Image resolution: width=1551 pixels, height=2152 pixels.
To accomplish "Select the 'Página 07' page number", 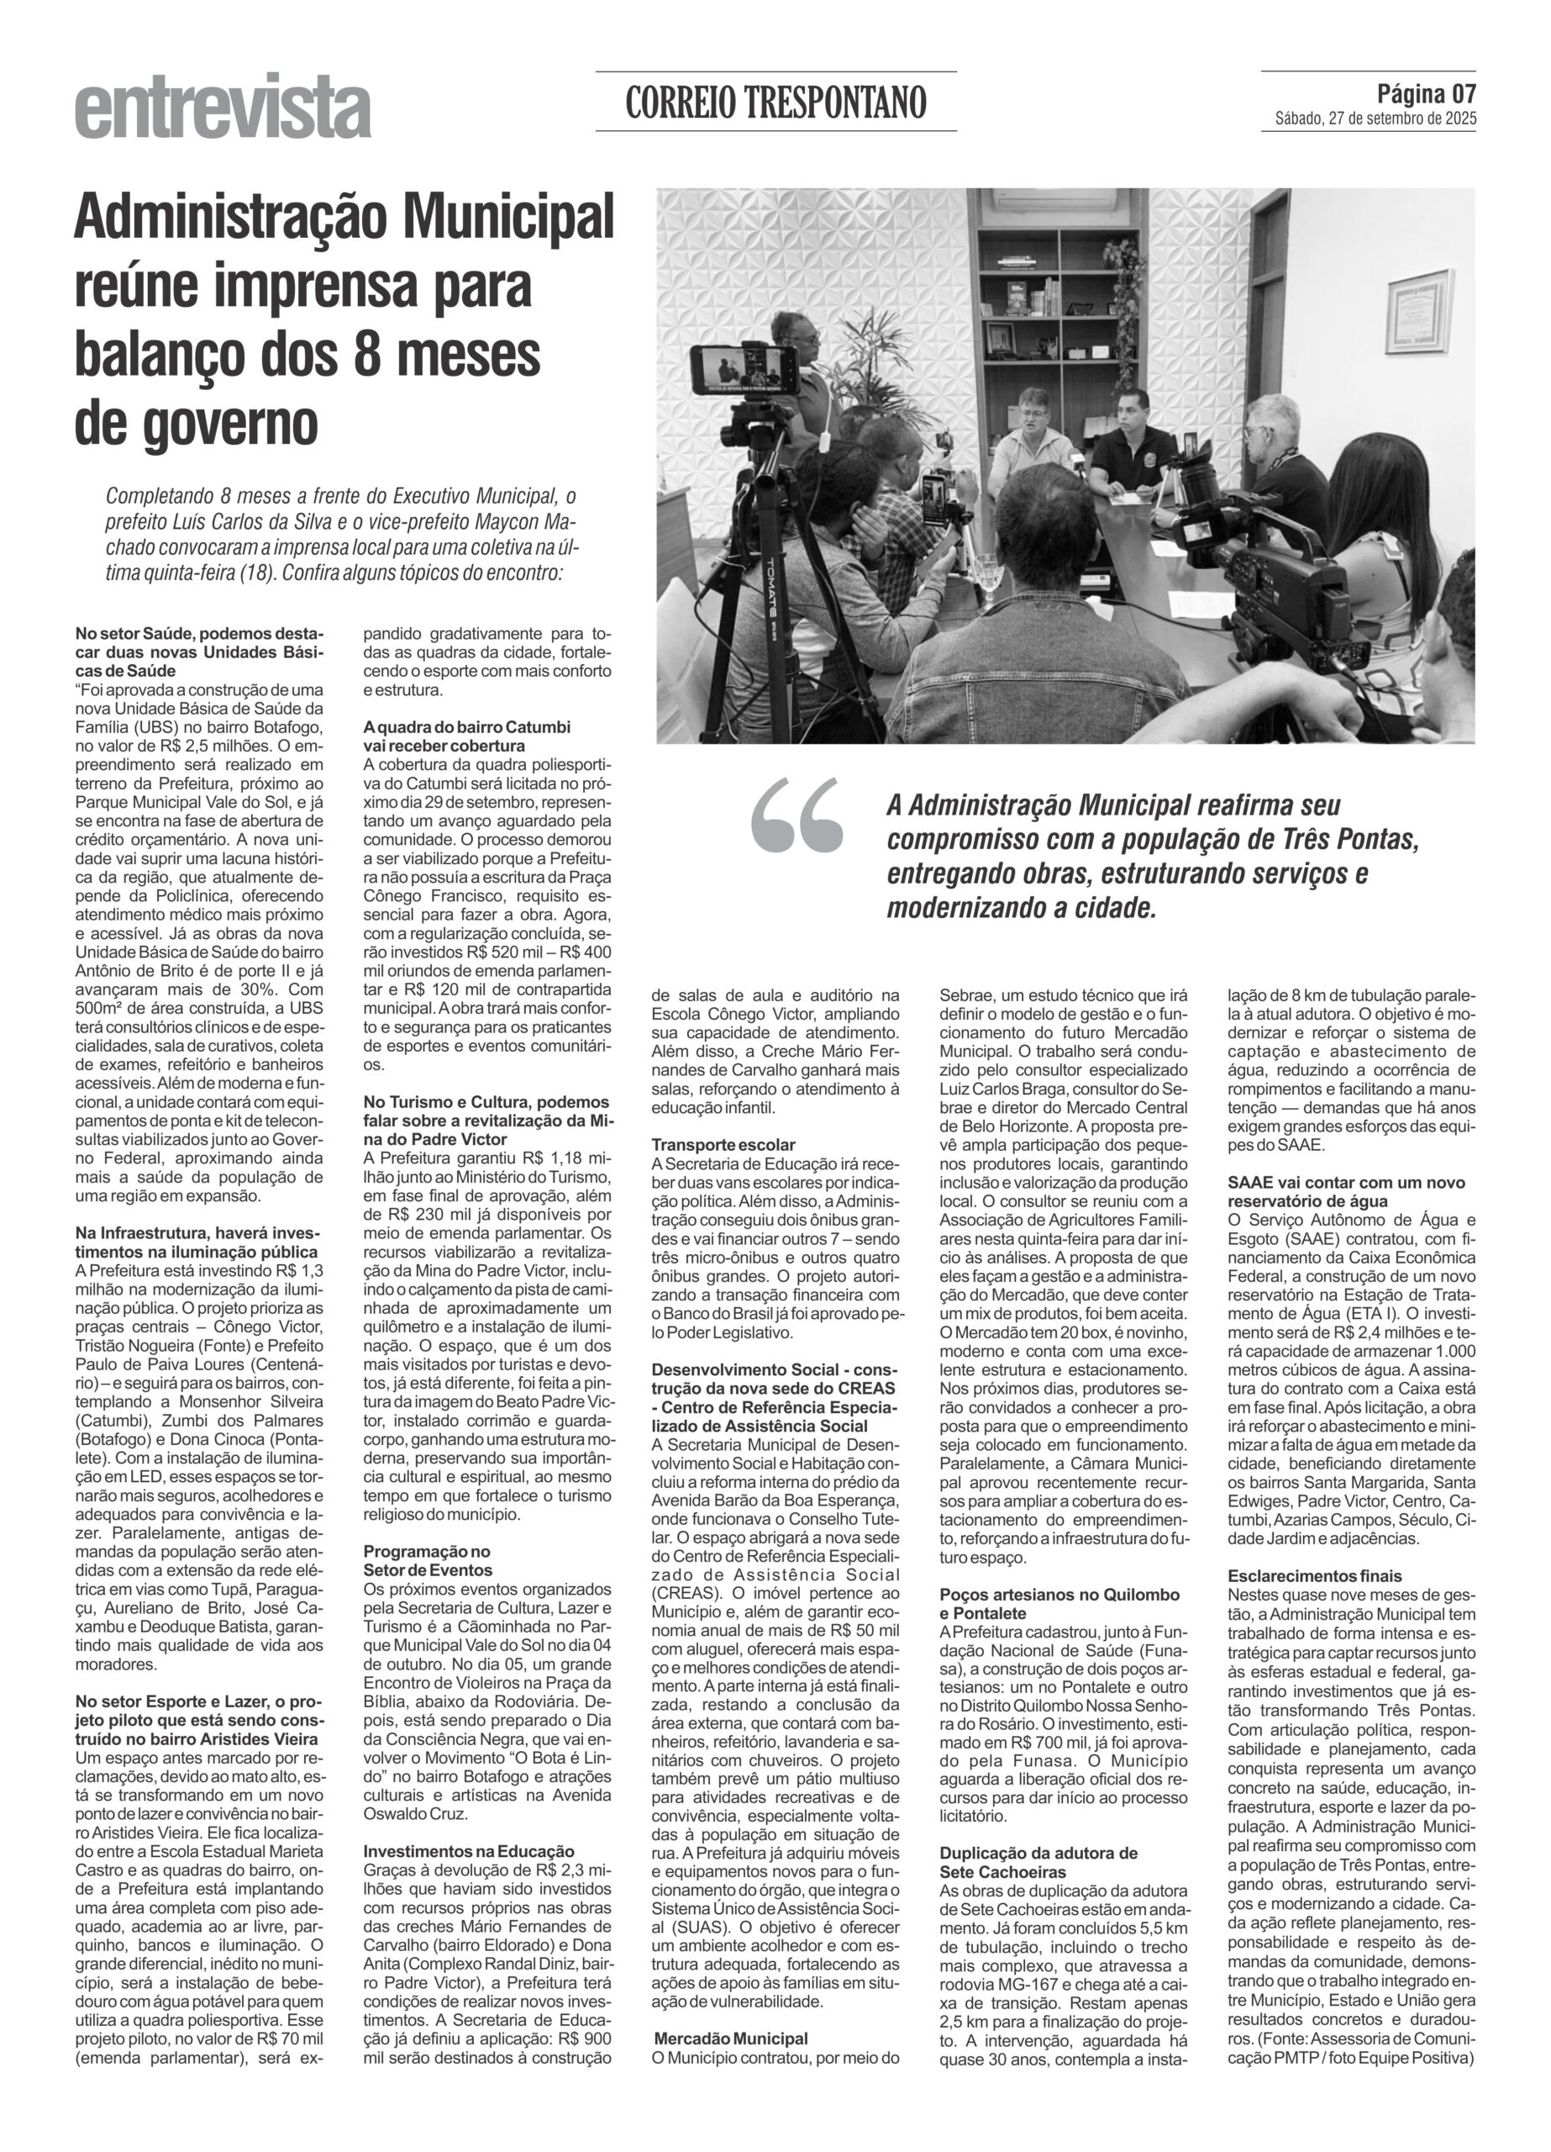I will (1426, 94).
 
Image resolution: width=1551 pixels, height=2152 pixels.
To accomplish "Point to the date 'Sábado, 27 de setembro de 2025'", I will (1375, 119).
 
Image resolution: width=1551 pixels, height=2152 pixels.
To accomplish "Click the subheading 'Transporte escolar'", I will (723, 1145).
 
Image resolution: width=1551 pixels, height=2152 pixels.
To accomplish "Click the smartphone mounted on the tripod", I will (744, 369).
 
